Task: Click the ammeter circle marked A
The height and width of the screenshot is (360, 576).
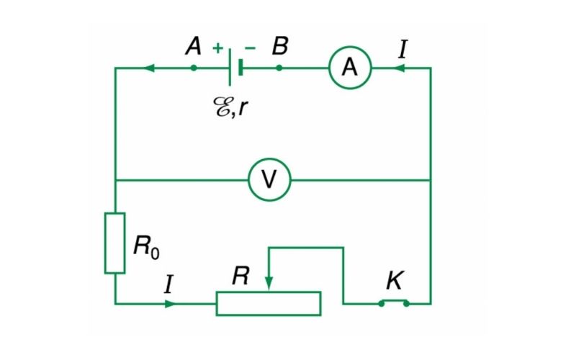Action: tap(350, 68)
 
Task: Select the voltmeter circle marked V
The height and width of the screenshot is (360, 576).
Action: tap(269, 179)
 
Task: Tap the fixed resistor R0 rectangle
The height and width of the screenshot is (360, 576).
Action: tap(115, 243)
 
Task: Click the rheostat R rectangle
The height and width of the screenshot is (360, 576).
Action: tap(269, 303)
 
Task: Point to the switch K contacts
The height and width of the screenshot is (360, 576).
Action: tap(394, 302)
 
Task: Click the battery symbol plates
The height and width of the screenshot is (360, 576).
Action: tap(234, 68)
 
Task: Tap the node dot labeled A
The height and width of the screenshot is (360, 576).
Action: tap(193, 68)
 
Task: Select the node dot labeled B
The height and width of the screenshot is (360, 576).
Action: tap(279, 68)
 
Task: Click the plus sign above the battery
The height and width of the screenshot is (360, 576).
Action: tap(217, 48)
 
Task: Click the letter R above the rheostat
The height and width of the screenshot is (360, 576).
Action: tap(240, 276)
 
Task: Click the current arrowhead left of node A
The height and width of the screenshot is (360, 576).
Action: tap(150, 68)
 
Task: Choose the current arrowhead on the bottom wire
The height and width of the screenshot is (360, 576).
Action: tap(170, 303)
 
